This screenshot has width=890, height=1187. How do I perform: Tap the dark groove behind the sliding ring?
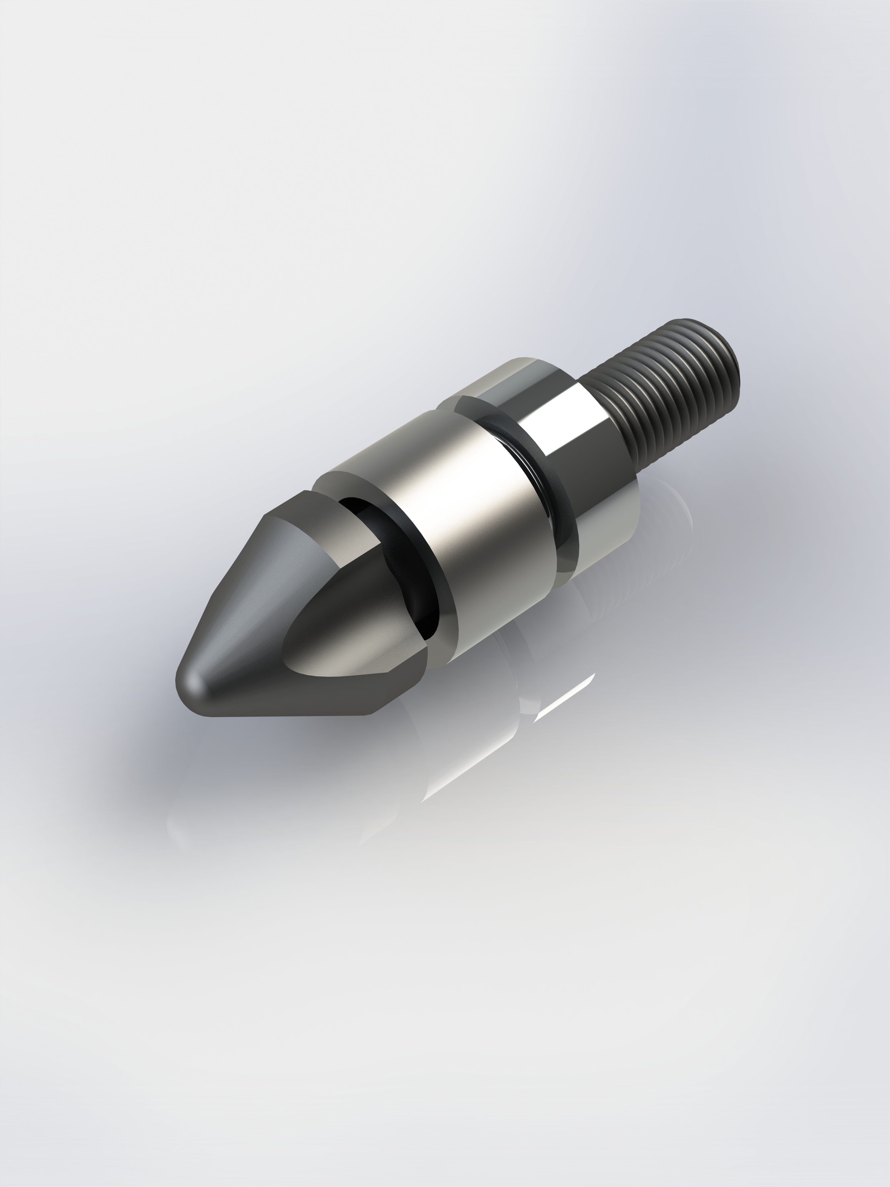pos(542,472)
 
